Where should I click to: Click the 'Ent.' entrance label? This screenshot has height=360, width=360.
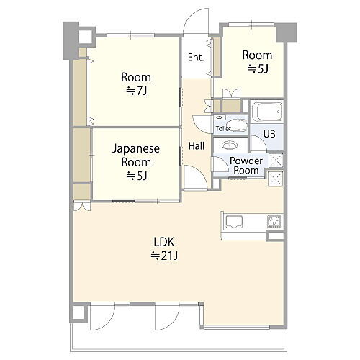(x=196, y=58)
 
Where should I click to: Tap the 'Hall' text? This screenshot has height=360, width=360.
(x=196, y=145)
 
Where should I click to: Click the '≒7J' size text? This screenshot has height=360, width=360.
(x=135, y=91)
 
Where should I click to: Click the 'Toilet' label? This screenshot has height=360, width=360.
(x=223, y=127)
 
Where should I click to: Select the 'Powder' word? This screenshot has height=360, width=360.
(x=246, y=160)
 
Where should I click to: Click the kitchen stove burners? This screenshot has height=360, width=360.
(x=274, y=220)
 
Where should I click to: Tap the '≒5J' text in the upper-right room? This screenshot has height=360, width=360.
(x=256, y=69)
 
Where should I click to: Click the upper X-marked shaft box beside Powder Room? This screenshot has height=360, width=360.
(x=274, y=159)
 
